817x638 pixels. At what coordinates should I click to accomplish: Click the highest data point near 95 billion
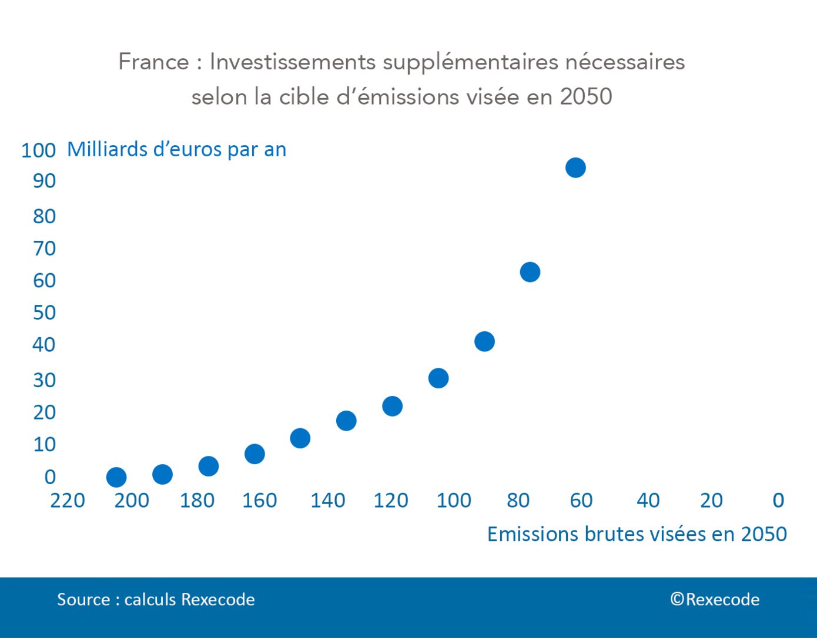tap(575, 167)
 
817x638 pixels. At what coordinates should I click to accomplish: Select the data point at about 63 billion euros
tap(530, 272)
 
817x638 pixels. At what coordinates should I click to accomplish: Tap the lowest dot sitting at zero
tap(116, 477)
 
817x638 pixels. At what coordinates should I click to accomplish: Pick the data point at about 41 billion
tap(484, 341)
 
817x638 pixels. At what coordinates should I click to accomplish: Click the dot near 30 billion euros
tap(438, 378)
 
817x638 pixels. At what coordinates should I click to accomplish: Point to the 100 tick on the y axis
tap(38, 150)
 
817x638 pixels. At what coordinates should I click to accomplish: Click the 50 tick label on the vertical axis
tap(44, 312)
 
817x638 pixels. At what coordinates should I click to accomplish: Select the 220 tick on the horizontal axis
tap(68, 501)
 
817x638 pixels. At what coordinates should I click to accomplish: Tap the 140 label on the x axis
tap(327, 501)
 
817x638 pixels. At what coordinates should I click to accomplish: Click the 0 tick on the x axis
tap(778, 501)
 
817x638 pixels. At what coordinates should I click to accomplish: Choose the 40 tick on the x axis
tap(648, 501)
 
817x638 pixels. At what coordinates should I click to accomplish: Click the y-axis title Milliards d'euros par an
tap(176, 149)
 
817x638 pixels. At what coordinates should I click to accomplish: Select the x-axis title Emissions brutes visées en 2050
tap(637, 534)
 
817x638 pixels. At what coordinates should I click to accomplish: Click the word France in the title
tap(153, 62)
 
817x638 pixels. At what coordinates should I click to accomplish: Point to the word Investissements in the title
tap(292, 62)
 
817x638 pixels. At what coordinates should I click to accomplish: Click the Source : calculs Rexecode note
tap(156, 599)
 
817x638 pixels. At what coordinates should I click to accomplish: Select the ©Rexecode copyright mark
tap(715, 599)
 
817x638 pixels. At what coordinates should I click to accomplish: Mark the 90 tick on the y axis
tap(44, 181)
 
